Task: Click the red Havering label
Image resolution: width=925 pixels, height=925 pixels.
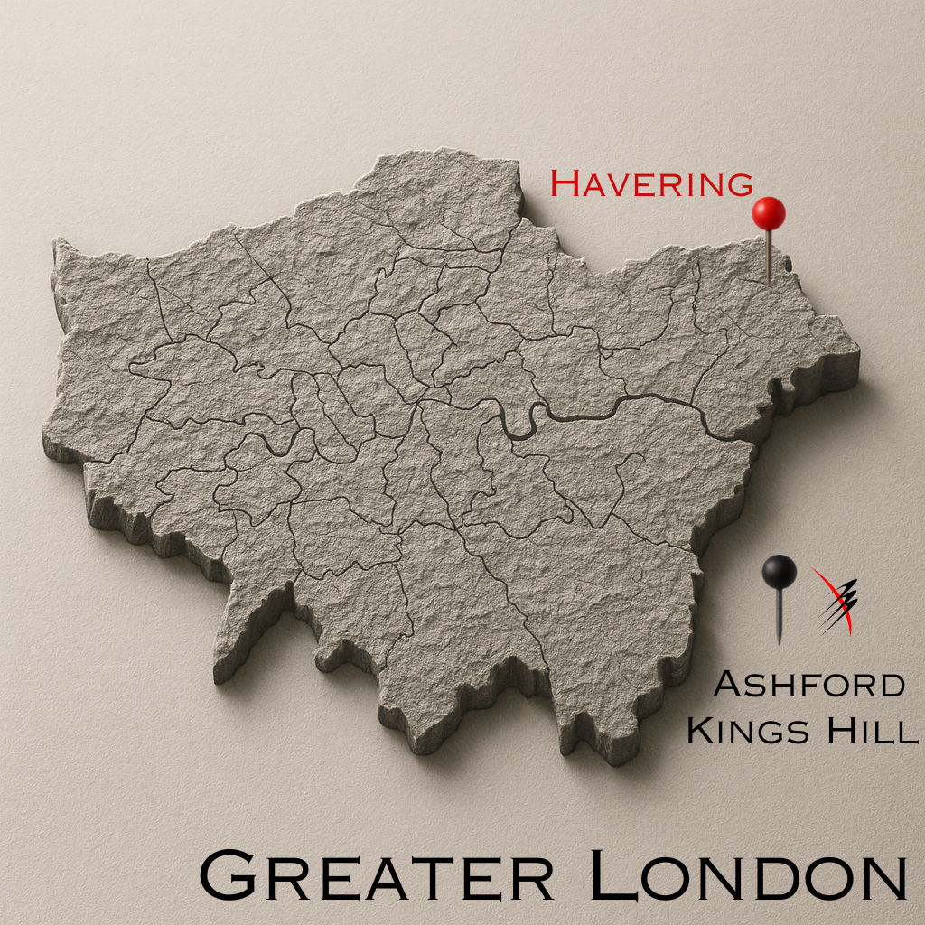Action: (x=651, y=183)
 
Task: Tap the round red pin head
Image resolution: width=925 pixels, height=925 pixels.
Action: (x=769, y=213)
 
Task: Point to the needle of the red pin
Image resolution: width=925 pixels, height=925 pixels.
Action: (x=770, y=257)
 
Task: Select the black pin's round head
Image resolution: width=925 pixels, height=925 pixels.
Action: (x=779, y=572)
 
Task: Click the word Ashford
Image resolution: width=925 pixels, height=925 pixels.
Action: (x=808, y=685)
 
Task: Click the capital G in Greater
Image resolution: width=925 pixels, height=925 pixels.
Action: (x=226, y=874)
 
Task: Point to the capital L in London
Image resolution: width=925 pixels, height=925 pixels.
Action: (x=611, y=874)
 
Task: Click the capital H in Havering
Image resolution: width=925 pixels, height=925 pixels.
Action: (x=565, y=183)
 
